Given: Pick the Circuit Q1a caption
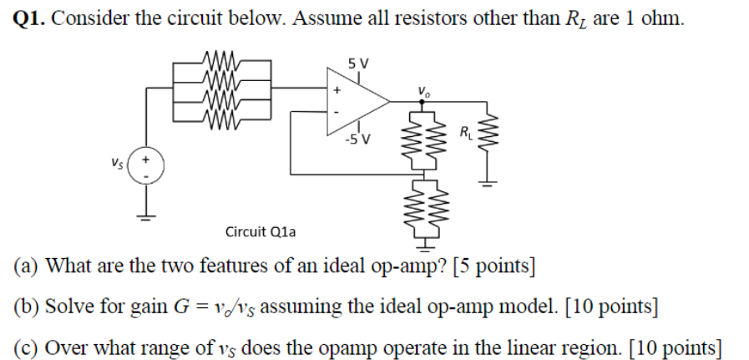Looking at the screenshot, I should (260, 231).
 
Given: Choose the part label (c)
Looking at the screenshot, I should (26, 346).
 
